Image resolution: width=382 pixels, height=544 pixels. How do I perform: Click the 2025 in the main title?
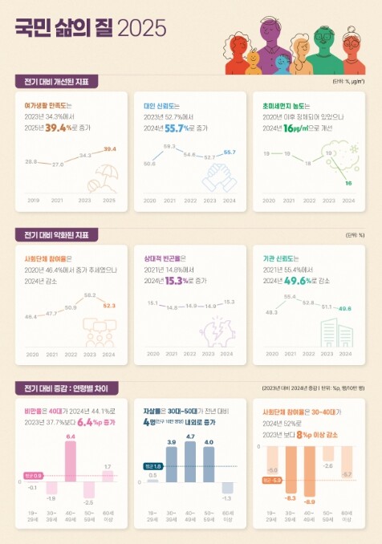[x=142, y=29]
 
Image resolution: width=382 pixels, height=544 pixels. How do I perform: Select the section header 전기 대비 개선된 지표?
[x=55, y=81]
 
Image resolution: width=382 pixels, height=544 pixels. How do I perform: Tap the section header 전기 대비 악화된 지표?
[x=55, y=234]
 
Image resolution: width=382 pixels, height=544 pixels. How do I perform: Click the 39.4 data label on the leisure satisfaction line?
[x=110, y=148]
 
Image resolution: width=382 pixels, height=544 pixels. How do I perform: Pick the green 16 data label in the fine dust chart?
[x=348, y=183]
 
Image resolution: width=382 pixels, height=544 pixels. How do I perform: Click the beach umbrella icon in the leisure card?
[x=105, y=177]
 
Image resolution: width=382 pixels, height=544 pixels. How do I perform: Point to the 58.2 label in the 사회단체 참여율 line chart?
[x=90, y=296]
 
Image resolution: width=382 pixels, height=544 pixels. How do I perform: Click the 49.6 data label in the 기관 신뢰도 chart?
[x=344, y=307]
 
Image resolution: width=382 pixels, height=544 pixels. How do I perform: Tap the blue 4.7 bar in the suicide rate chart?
[x=190, y=463]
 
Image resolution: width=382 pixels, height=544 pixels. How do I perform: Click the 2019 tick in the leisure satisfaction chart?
[x=32, y=200]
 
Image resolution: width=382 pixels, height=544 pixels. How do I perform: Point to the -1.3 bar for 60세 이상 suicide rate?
[x=228, y=488]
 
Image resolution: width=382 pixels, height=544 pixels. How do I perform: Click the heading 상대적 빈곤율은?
[x=159, y=258]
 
